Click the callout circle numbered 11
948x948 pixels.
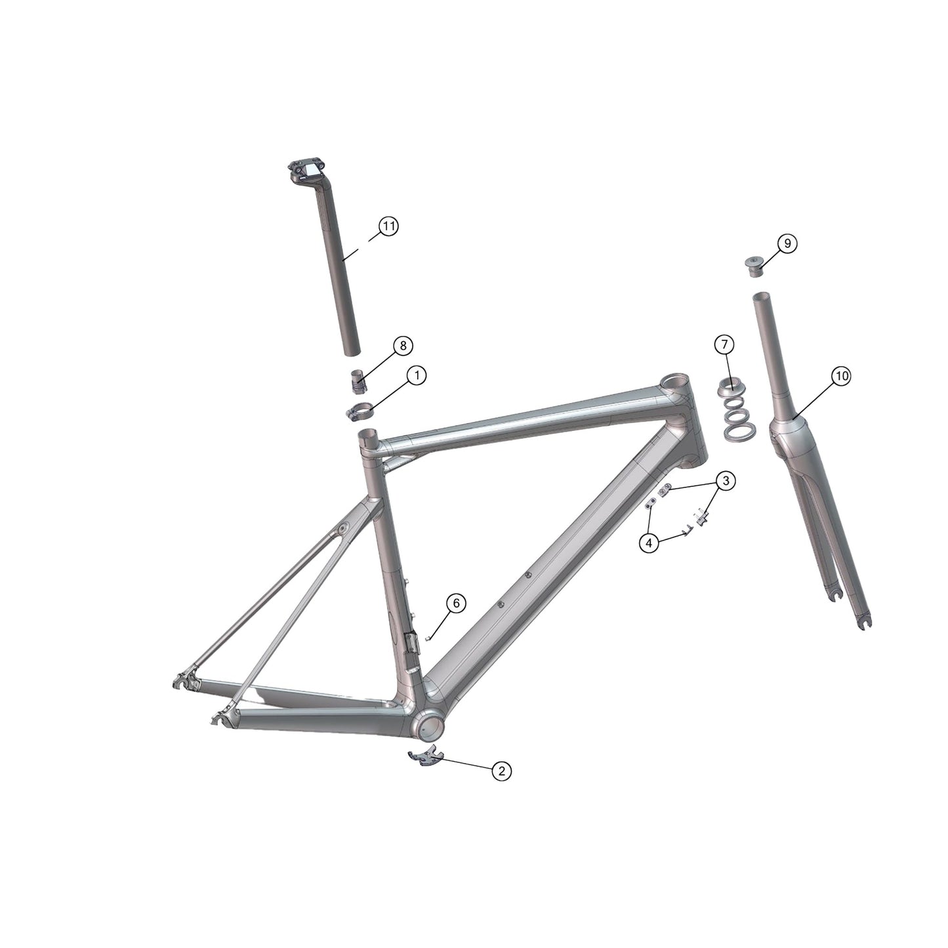[389, 226]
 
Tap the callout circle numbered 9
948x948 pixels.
[787, 243]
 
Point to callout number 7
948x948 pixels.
[724, 344]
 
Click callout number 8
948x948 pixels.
[403, 345]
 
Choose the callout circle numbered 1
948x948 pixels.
[416, 375]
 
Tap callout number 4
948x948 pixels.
[649, 543]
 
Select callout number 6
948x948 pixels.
[457, 603]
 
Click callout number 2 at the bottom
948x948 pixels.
[501, 771]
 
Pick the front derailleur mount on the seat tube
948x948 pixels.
[411, 643]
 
